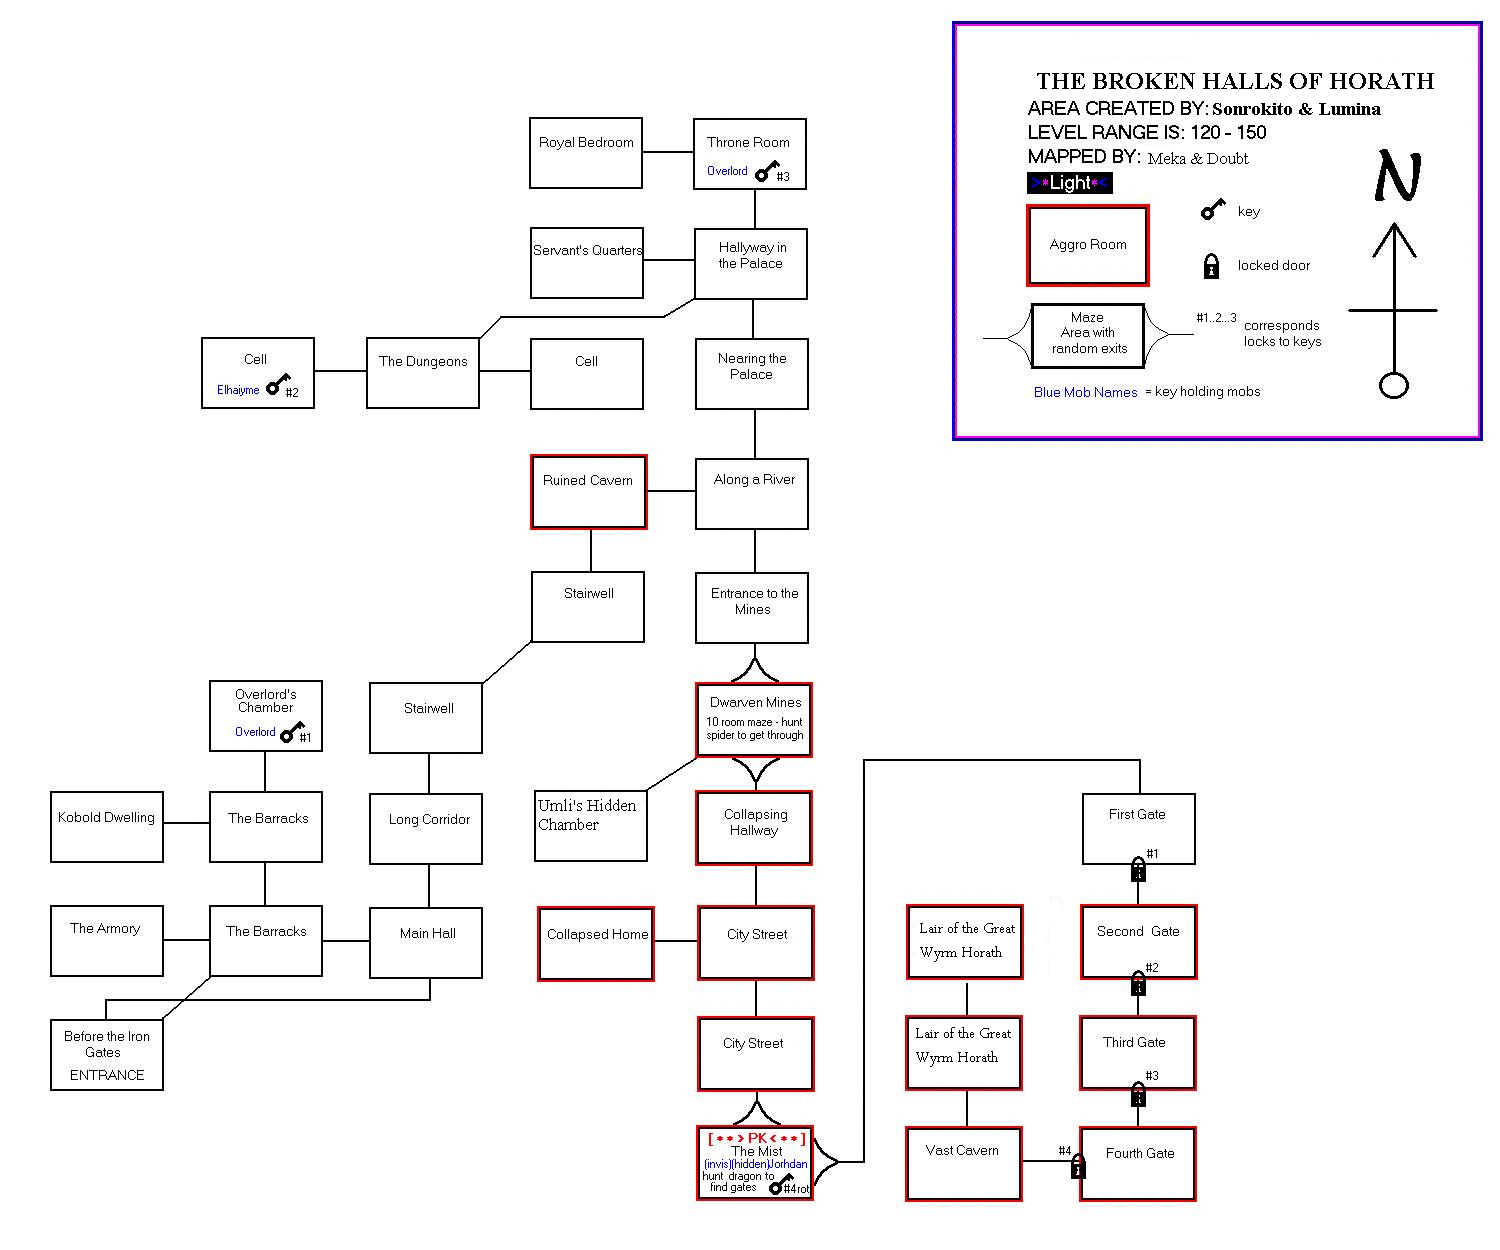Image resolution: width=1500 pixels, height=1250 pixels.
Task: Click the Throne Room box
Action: point(749,153)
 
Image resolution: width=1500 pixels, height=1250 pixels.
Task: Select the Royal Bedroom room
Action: point(585,153)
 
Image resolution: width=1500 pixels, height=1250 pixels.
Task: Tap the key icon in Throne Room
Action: point(765,173)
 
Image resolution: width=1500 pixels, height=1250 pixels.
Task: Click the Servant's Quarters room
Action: point(587,263)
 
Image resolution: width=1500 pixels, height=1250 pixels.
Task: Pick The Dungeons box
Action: point(423,373)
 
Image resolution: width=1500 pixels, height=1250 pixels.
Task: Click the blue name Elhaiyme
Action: point(238,390)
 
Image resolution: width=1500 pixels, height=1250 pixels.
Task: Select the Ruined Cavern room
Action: point(589,492)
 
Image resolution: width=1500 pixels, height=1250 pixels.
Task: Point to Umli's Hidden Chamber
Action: point(590,826)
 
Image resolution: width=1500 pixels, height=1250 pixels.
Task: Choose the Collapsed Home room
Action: point(596,944)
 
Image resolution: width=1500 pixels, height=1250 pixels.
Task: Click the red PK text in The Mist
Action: point(756,1138)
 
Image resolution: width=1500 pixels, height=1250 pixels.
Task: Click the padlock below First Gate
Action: point(1138,870)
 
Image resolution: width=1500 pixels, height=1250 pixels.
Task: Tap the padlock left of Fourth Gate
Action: point(1078,1166)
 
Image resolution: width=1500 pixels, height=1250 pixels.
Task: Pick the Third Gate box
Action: point(1138,1052)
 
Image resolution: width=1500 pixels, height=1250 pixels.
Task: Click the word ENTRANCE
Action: point(107,1075)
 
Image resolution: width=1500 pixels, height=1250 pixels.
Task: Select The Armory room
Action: point(106,940)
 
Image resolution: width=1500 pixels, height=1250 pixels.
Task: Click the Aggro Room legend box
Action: point(1088,245)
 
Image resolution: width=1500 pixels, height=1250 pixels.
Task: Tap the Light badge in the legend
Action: point(1070,183)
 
